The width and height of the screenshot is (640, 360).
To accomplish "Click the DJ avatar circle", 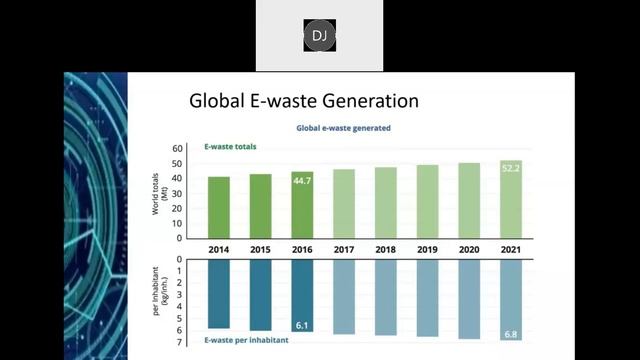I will click(x=319, y=37).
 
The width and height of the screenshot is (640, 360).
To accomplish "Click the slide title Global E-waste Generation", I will click(x=304, y=101).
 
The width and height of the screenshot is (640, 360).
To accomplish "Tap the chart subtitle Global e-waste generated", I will click(x=343, y=128).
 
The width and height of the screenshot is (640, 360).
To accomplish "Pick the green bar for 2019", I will click(x=428, y=201).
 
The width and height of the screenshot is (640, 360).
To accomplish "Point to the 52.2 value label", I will click(x=511, y=167).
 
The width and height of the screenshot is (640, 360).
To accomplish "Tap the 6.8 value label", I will click(x=511, y=333).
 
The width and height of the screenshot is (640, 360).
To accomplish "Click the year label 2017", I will click(x=344, y=249).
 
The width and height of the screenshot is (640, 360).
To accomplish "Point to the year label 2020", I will click(x=469, y=249).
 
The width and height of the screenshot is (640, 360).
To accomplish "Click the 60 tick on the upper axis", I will click(x=178, y=148).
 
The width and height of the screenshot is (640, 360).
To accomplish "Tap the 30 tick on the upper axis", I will click(x=178, y=193).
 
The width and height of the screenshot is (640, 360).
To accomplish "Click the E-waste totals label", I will click(x=231, y=147).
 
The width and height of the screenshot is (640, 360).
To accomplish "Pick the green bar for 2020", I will click(x=469, y=200).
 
